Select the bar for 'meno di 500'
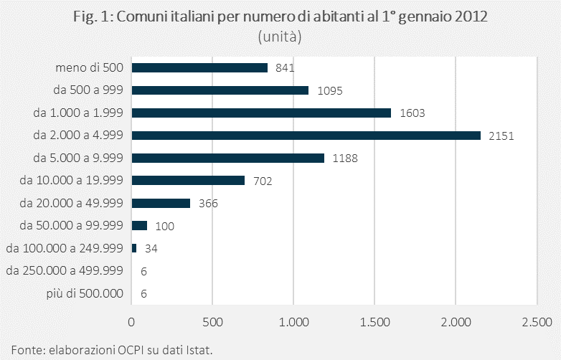pyautogui.click(x=199, y=67)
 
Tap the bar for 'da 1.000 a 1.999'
pyautogui.click(x=262, y=113)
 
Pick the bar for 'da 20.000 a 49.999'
pyautogui.click(x=161, y=203)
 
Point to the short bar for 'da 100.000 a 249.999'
pyautogui.click(x=134, y=248)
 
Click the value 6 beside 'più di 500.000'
pyautogui.click(x=144, y=293)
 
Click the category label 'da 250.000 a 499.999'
pyautogui.click(x=65, y=270)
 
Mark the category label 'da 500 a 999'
pyautogui.click(x=88, y=90)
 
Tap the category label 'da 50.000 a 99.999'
pyautogui.click(x=72, y=225)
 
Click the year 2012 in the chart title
pyautogui.click(x=470, y=17)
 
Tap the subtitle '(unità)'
pyautogui.click(x=280, y=36)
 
